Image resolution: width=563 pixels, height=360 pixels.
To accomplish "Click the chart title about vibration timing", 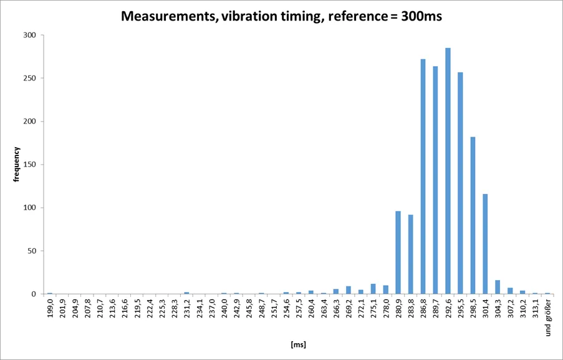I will (281, 17).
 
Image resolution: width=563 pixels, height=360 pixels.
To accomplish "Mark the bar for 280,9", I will (398, 253).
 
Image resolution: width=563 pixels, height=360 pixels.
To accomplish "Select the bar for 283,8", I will (411, 254).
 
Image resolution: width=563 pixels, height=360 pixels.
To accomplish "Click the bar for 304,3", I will (498, 287).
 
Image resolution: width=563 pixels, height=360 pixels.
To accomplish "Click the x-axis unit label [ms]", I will (298, 344).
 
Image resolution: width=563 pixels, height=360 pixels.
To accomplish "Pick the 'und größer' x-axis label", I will (548, 318).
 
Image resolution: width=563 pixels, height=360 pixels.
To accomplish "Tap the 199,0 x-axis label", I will (50, 310).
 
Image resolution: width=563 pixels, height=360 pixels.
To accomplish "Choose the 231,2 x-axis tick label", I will (187, 310).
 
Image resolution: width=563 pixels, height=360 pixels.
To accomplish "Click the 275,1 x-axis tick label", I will (373, 310).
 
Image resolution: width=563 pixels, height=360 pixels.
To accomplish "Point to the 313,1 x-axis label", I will (535, 310).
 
